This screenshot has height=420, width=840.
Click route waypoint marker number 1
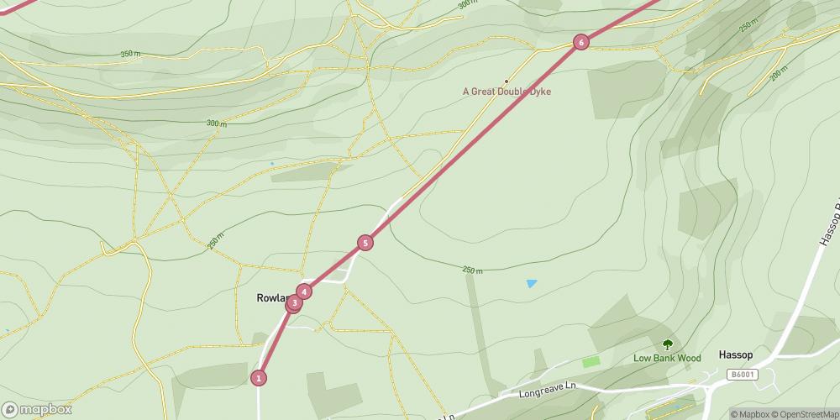(x=259, y=378)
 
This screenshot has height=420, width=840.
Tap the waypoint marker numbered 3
(x=294, y=303)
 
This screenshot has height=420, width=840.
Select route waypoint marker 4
(x=304, y=291)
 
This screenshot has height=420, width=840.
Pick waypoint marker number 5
(x=365, y=243)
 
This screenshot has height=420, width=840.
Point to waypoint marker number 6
(x=580, y=42)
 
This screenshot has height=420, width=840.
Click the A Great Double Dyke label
(x=507, y=92)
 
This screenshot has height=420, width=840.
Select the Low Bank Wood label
(x=666, y=359)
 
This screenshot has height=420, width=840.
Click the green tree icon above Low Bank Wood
(x=668, y=344)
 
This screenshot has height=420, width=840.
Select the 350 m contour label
(x=130, y=54)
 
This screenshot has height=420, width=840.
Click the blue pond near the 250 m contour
(x=532, y=284)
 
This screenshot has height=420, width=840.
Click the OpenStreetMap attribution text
(x=805, y=413)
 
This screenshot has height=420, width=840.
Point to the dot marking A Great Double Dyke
(x=507, y=81)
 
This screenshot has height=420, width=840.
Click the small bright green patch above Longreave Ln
(x=591, y=361)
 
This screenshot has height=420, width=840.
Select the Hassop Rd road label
(x=827, y=223)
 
